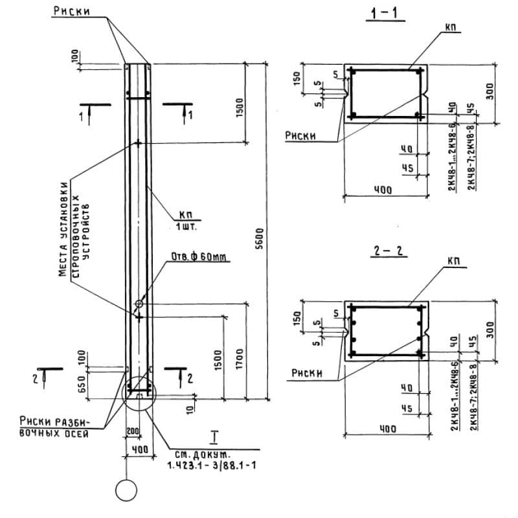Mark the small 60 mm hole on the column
tap(139, 303)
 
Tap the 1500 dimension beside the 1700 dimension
tap(218, 360)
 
